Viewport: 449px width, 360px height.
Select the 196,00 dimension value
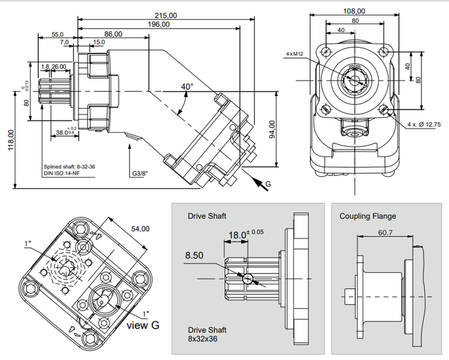159,24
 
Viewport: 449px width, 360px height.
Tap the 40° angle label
187,86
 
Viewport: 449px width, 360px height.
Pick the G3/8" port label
140,173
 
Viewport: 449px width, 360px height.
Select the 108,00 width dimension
354,11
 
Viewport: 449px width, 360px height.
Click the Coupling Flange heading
368,216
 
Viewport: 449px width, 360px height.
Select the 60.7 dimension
384,232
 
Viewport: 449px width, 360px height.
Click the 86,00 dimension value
112,34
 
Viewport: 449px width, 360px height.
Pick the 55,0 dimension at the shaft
58,34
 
